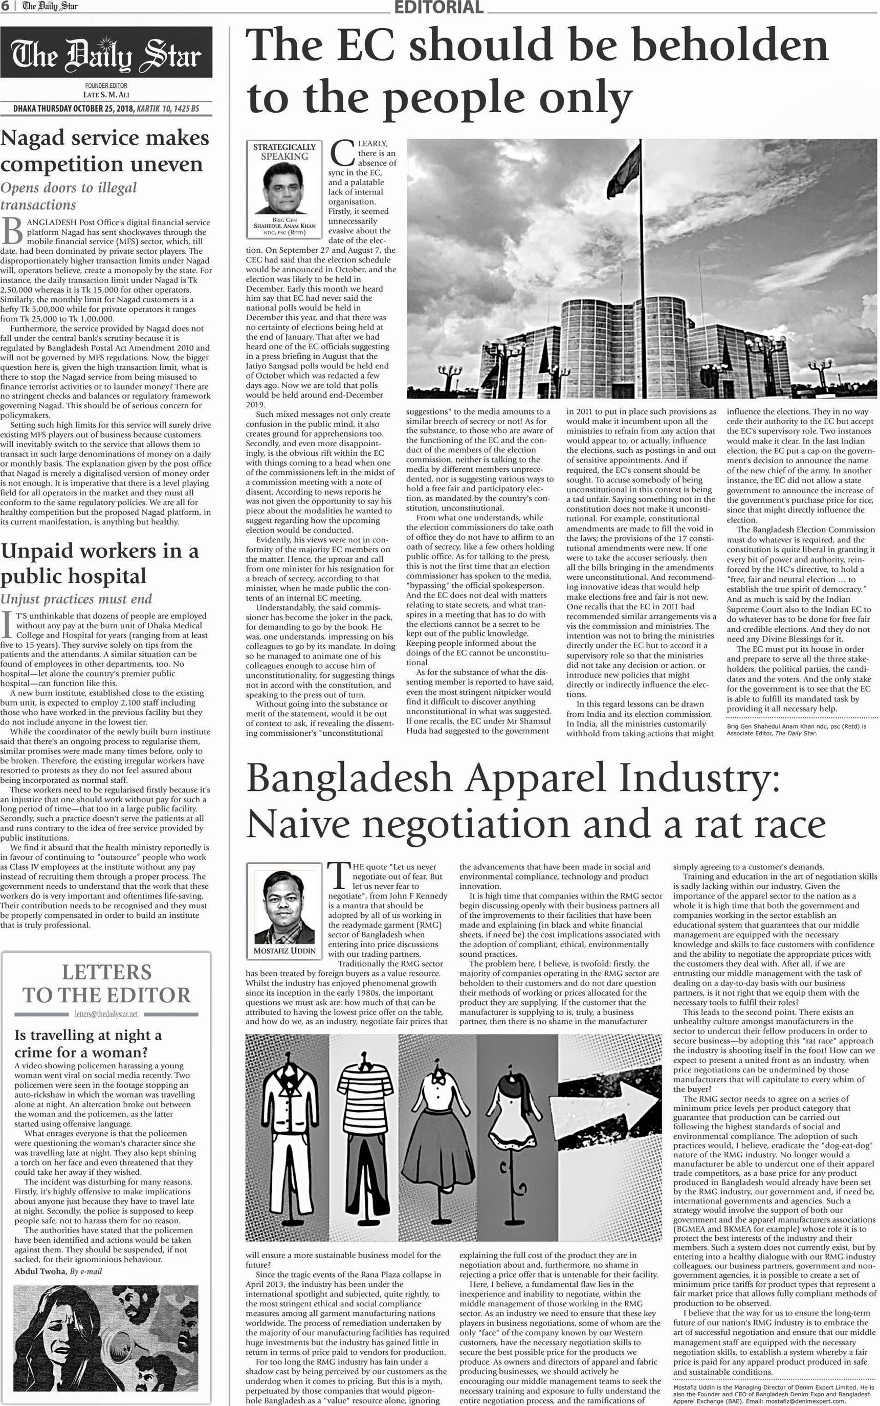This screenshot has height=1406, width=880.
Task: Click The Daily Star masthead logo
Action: (106, 54)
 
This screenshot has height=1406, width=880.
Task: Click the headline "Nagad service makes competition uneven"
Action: (105, 151)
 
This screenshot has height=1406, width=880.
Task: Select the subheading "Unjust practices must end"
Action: (76, 599)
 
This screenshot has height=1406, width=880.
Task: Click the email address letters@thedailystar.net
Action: (106, 1014)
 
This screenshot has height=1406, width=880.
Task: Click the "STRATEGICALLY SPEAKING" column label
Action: (284, 151)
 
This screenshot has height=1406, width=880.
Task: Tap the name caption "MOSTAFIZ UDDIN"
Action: (284, 950)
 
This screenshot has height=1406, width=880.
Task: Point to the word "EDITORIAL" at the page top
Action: (439, 7)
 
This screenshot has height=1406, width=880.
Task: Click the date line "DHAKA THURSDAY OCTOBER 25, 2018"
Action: (75, 109)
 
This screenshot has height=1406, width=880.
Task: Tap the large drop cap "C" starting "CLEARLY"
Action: (342, 153)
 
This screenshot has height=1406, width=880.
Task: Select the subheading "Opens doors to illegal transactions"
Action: (69, 195)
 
